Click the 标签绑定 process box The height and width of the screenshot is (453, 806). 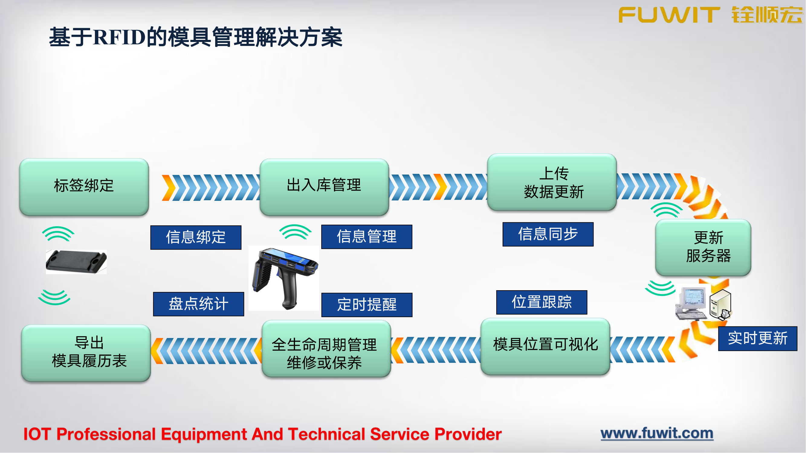coord(84,187)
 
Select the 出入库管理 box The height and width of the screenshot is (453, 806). coord(324,187)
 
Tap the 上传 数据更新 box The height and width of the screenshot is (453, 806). coord(552,183)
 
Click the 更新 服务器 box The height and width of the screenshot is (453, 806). coord(703,247)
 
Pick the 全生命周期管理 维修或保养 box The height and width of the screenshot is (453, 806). coord(326,349)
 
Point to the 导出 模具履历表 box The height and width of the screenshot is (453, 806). coord(86,353)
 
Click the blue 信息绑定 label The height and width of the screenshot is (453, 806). coord(196,238)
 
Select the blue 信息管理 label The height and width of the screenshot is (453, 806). coord(367,237)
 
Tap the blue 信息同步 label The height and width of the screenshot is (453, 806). coord(548,234)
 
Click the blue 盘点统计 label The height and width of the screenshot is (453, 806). coord(198,304)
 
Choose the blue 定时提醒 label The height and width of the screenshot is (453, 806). coord(367,305)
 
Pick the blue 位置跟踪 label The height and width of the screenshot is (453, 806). coord(542,302)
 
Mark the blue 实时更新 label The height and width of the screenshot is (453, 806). coord(758,339)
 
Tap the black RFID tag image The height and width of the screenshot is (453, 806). coord(76,262)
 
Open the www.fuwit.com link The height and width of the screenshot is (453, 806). coord(657,434)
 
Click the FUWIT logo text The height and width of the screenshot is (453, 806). coord(669,15)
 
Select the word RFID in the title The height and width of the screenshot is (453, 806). coord(119,37)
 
